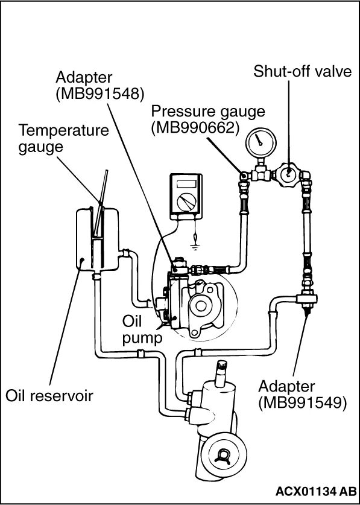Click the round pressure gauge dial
261,143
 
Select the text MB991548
100,94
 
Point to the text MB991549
302,402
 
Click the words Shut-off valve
302,71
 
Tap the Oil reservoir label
49,395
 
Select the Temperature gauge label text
64,139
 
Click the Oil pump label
141,329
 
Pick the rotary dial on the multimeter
187,202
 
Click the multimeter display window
186,184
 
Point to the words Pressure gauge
208,112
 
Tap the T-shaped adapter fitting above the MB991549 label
305,297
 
